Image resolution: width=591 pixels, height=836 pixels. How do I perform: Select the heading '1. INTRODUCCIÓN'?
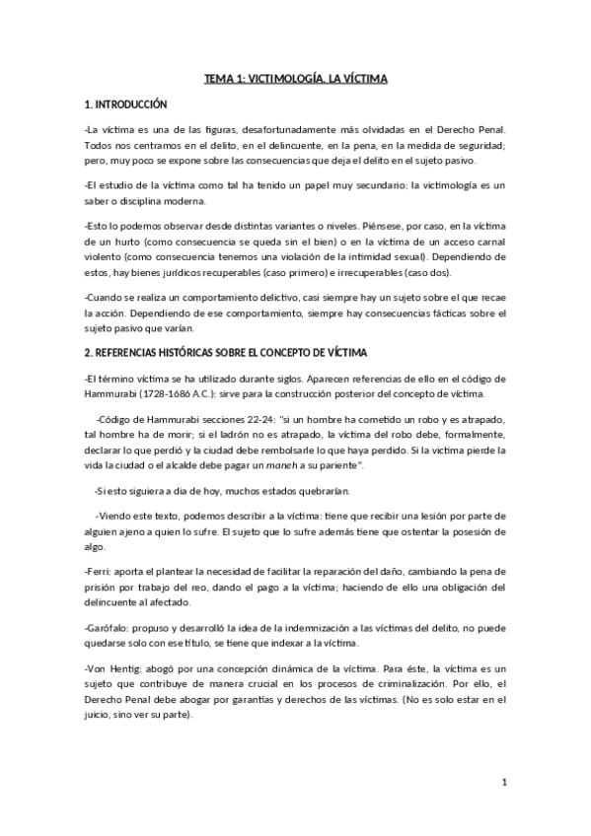(126, 103)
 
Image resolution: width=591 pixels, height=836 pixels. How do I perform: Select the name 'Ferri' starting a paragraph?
(100, 572)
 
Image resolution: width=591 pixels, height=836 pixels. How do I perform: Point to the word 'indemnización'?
(305, 628)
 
